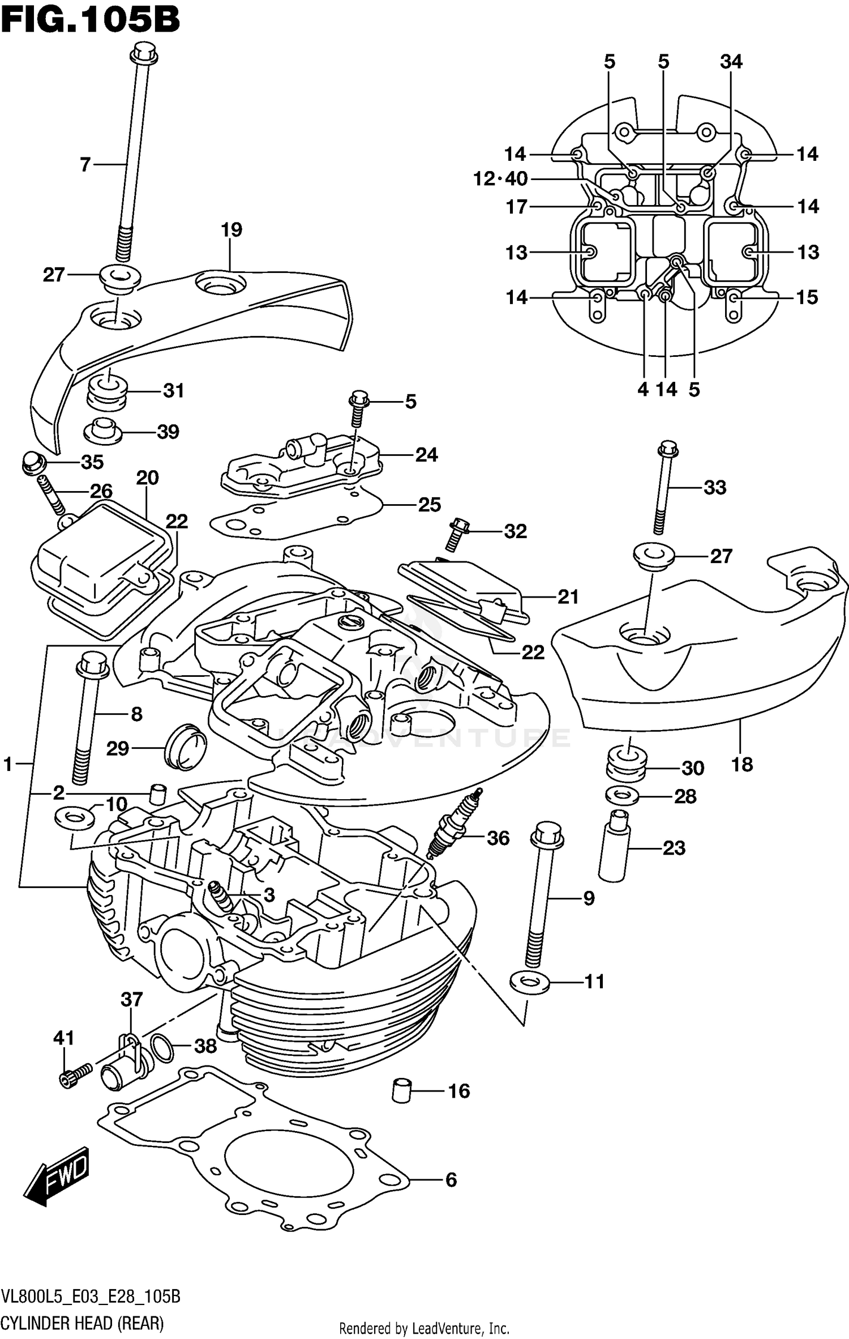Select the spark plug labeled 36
click(x=454, y=825)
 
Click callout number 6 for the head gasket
click(x=451, y=1180)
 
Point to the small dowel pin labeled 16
click(x=401, y=1090)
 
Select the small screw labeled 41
click(x=74, y=1074)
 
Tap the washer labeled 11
click(x=529, y=982)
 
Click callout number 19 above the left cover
click(x=231, y=230)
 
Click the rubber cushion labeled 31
click(x=106, y=391)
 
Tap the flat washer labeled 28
click(x=623, y=796)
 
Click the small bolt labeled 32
click(x=457, y=533)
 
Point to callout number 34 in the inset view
click(x=731, y=61)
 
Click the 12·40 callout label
click(x=500, y=179)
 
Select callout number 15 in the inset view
click(x=807, y=297)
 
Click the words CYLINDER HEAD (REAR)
click(x=83, y=1323)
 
